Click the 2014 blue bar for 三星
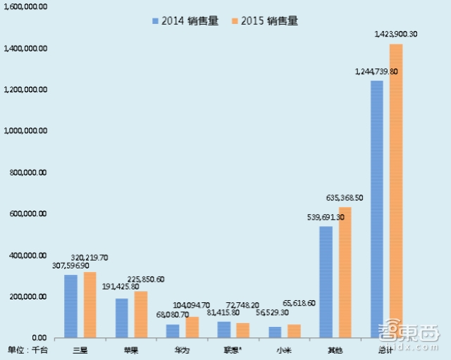(x=70, y=306)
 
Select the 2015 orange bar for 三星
(x=89, y=305)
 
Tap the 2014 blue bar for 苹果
(x=122, y=318)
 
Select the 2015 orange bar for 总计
(x=396, y=191)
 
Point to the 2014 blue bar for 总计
(x=377, y=209)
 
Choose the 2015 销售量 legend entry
(x=264, y=20)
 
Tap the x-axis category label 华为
(x=182, y=349)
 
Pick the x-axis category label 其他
(x=335, y=349)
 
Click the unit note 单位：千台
(x=27, y=349)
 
